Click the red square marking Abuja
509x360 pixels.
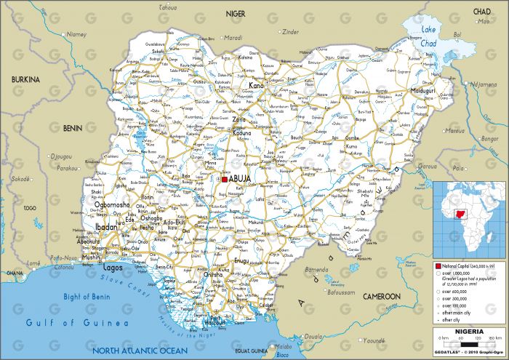pyautogui.click(x=225, y=179)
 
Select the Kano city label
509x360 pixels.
pyautogui.click(x=257, y=86)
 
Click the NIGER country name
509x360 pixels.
pyautogui.click(x=236, y=13)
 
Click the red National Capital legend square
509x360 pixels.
pyautogui.click(x=438, y=266)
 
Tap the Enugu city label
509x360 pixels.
pyautogui.click(x=241, y=260)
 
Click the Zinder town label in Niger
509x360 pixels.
pyautogui.click(x=291, y=32)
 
